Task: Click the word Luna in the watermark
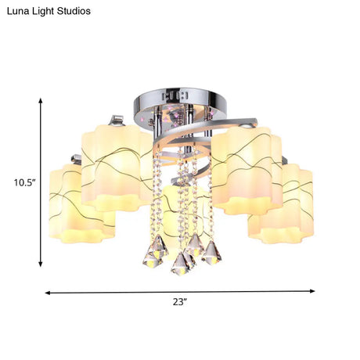[16, 11]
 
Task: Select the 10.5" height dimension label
[24, 183]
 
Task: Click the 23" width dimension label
[180, 302]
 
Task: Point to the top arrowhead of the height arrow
[41, 101]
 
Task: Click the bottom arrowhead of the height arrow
[41, 264]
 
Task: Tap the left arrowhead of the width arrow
[48, 293]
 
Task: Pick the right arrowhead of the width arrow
[312, 291]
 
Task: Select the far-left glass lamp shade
[82, 204]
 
